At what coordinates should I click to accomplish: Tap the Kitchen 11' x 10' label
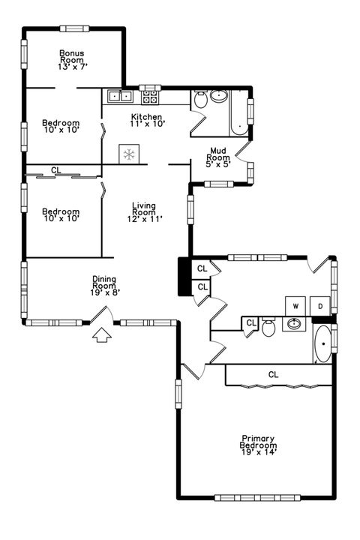146,120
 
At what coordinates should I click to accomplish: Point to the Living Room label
143,211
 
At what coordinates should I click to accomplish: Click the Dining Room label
104,286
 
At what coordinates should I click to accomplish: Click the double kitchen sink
120,96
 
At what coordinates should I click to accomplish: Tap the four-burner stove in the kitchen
150,96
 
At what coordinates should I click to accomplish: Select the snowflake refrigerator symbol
129,154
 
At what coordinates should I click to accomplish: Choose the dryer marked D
319,306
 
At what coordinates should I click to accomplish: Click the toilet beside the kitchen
201,99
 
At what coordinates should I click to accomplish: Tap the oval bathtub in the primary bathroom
322,344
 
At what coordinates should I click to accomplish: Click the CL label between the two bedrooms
56,170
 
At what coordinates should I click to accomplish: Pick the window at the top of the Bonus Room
73,29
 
